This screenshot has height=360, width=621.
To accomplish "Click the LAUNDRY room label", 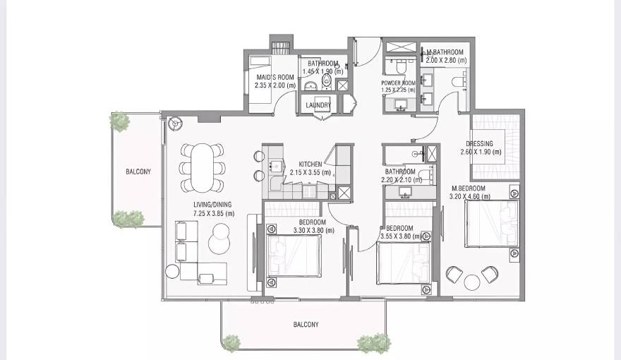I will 318,105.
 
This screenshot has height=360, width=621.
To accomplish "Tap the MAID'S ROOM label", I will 275,77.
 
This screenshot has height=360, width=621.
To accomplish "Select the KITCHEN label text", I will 310,164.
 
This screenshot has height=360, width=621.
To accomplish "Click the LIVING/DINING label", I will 214,205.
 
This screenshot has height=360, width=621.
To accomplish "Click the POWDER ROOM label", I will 398,83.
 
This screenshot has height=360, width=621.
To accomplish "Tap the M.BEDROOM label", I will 469,188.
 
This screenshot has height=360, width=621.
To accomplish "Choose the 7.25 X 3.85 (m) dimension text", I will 214,214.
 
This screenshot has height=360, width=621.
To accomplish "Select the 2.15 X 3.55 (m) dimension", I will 310,172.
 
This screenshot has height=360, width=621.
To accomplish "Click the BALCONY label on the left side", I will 138,172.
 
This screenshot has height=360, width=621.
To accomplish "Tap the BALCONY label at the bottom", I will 306,325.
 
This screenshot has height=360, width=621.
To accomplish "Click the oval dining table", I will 202,167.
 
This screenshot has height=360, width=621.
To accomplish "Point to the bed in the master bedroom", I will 491,224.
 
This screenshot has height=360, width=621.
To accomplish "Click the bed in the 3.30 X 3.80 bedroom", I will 294,257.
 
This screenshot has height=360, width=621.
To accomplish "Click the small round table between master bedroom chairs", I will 472,282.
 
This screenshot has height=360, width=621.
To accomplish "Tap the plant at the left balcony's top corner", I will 120,121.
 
